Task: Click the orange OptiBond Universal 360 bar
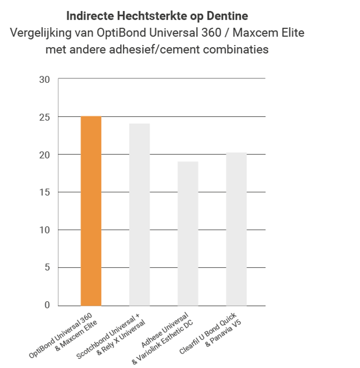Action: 91,211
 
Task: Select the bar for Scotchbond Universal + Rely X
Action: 139,215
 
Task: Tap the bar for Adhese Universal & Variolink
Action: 188,233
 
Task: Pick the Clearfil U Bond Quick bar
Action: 236,229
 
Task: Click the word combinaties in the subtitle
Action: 236,50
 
